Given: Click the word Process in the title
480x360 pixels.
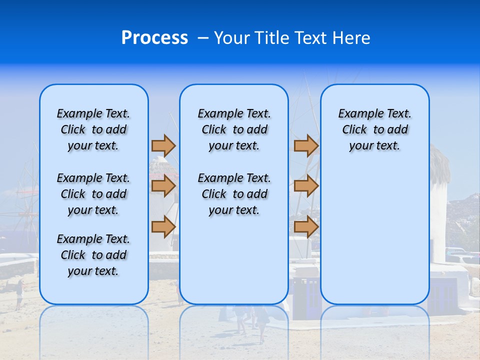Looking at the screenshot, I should [154, 38].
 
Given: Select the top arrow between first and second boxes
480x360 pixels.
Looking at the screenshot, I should [163, 145].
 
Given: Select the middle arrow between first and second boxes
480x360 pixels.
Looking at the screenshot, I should [163, 186].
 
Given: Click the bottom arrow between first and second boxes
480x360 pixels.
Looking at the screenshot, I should [163, 226].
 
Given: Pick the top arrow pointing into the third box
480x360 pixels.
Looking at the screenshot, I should [306, 145].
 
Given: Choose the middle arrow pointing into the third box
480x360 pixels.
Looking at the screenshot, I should [306, 186].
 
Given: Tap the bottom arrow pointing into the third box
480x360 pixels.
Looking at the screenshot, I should [306, 226].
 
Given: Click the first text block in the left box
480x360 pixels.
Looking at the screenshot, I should [93, 129].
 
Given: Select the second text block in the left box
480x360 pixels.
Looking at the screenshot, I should [93, 194].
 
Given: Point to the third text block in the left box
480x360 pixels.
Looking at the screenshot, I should [93, 255].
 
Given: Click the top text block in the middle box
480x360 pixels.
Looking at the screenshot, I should [234, 129].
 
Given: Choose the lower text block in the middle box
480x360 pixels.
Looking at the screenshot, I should [234, 194].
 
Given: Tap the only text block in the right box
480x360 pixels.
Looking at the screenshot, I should [374, 129].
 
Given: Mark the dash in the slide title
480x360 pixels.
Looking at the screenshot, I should [202, 38].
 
